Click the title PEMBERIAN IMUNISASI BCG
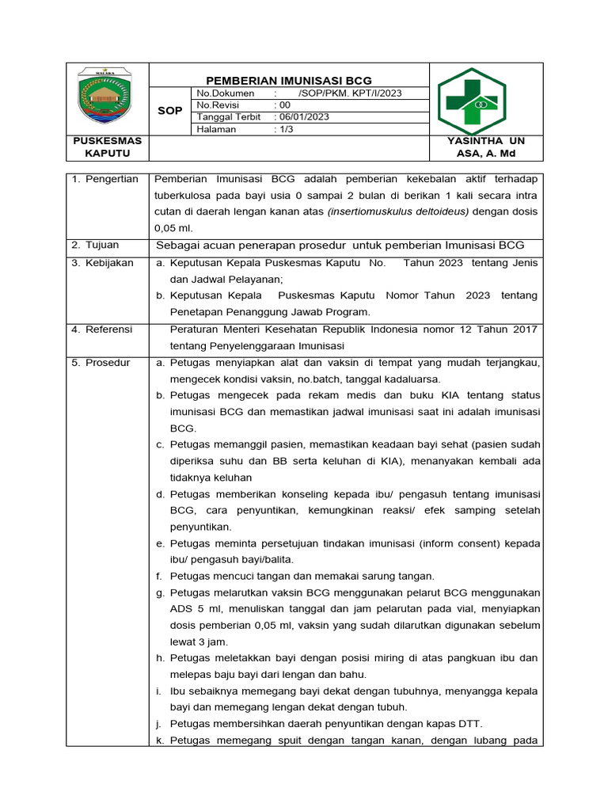click(288, 80)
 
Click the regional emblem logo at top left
click(105, 97)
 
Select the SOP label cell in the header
click(170, 111)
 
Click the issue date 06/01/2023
click(303, 116)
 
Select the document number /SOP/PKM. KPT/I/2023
click(350, 93)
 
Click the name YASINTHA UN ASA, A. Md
click(485, 147)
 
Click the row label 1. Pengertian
click(105, 179)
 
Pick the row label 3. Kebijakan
click(103, 263)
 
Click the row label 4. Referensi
click(103, 329)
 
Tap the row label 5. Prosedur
click(101, 362)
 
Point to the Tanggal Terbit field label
click(229, 116)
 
